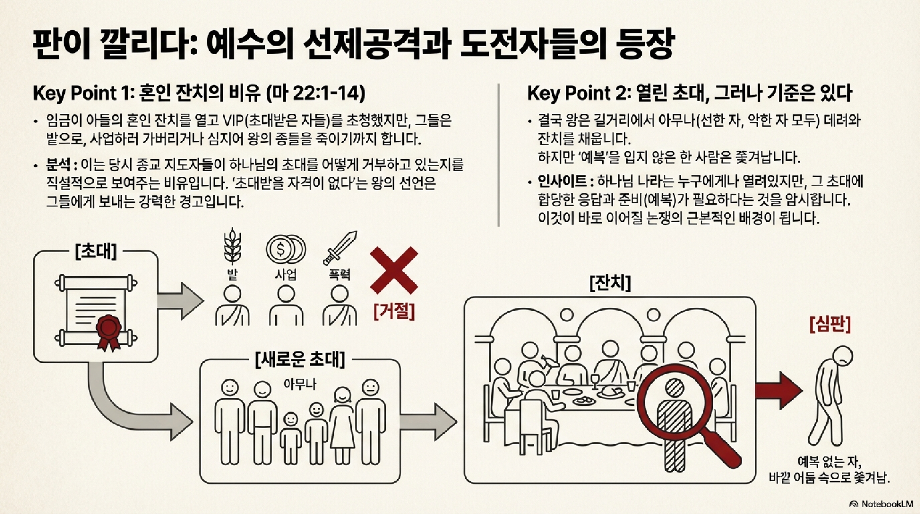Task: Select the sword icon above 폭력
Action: tap(340, 247)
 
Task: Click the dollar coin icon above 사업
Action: tap(286, 249)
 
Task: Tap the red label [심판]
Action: tap(830, 324)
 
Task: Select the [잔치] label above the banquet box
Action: tap(610, 283)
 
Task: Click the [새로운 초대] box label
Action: tap(300, 359)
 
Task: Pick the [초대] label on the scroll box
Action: tap(96, 251)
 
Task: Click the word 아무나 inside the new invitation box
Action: tap(300, 384)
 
